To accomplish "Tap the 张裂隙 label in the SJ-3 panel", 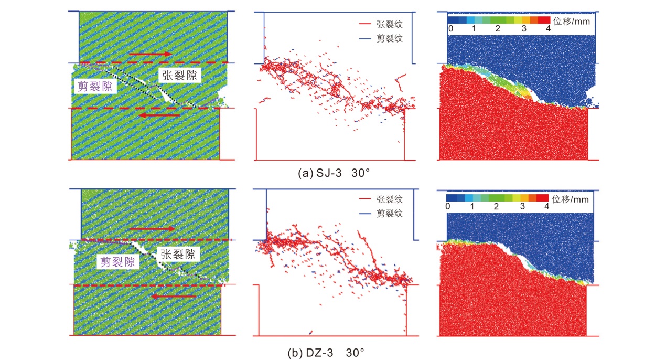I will point(179,76).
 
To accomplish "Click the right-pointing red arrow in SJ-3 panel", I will point(150,54).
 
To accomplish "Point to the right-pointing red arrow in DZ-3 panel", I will point(153,229).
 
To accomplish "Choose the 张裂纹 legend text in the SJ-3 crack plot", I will point(389,24).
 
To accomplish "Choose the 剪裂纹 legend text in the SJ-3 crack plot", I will point(389,38).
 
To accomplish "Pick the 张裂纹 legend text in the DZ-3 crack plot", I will point(389,199).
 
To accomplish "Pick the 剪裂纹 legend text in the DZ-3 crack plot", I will point(389,214).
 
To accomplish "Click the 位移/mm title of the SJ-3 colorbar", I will point(572,23).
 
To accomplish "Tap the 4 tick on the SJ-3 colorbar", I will point(548,29).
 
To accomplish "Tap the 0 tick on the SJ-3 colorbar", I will point(450,29).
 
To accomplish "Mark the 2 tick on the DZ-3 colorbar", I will point(496,207).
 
